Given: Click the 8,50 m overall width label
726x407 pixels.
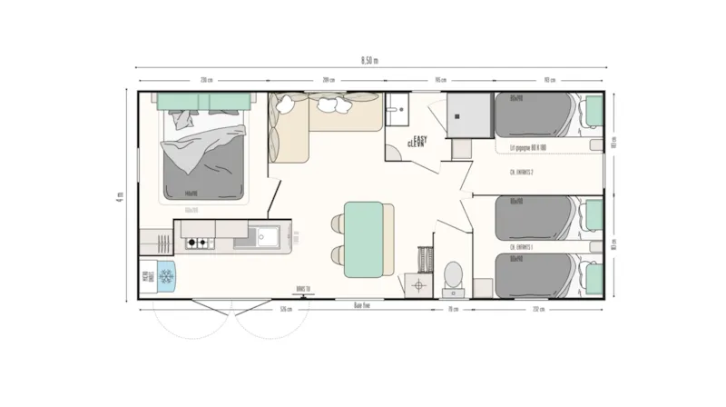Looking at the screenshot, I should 369,60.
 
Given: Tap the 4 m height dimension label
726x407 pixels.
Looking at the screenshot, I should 119,196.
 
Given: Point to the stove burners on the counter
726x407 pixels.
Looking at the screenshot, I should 198,243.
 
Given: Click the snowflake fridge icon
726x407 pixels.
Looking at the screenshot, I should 166,275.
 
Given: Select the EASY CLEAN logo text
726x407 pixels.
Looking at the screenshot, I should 417,141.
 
